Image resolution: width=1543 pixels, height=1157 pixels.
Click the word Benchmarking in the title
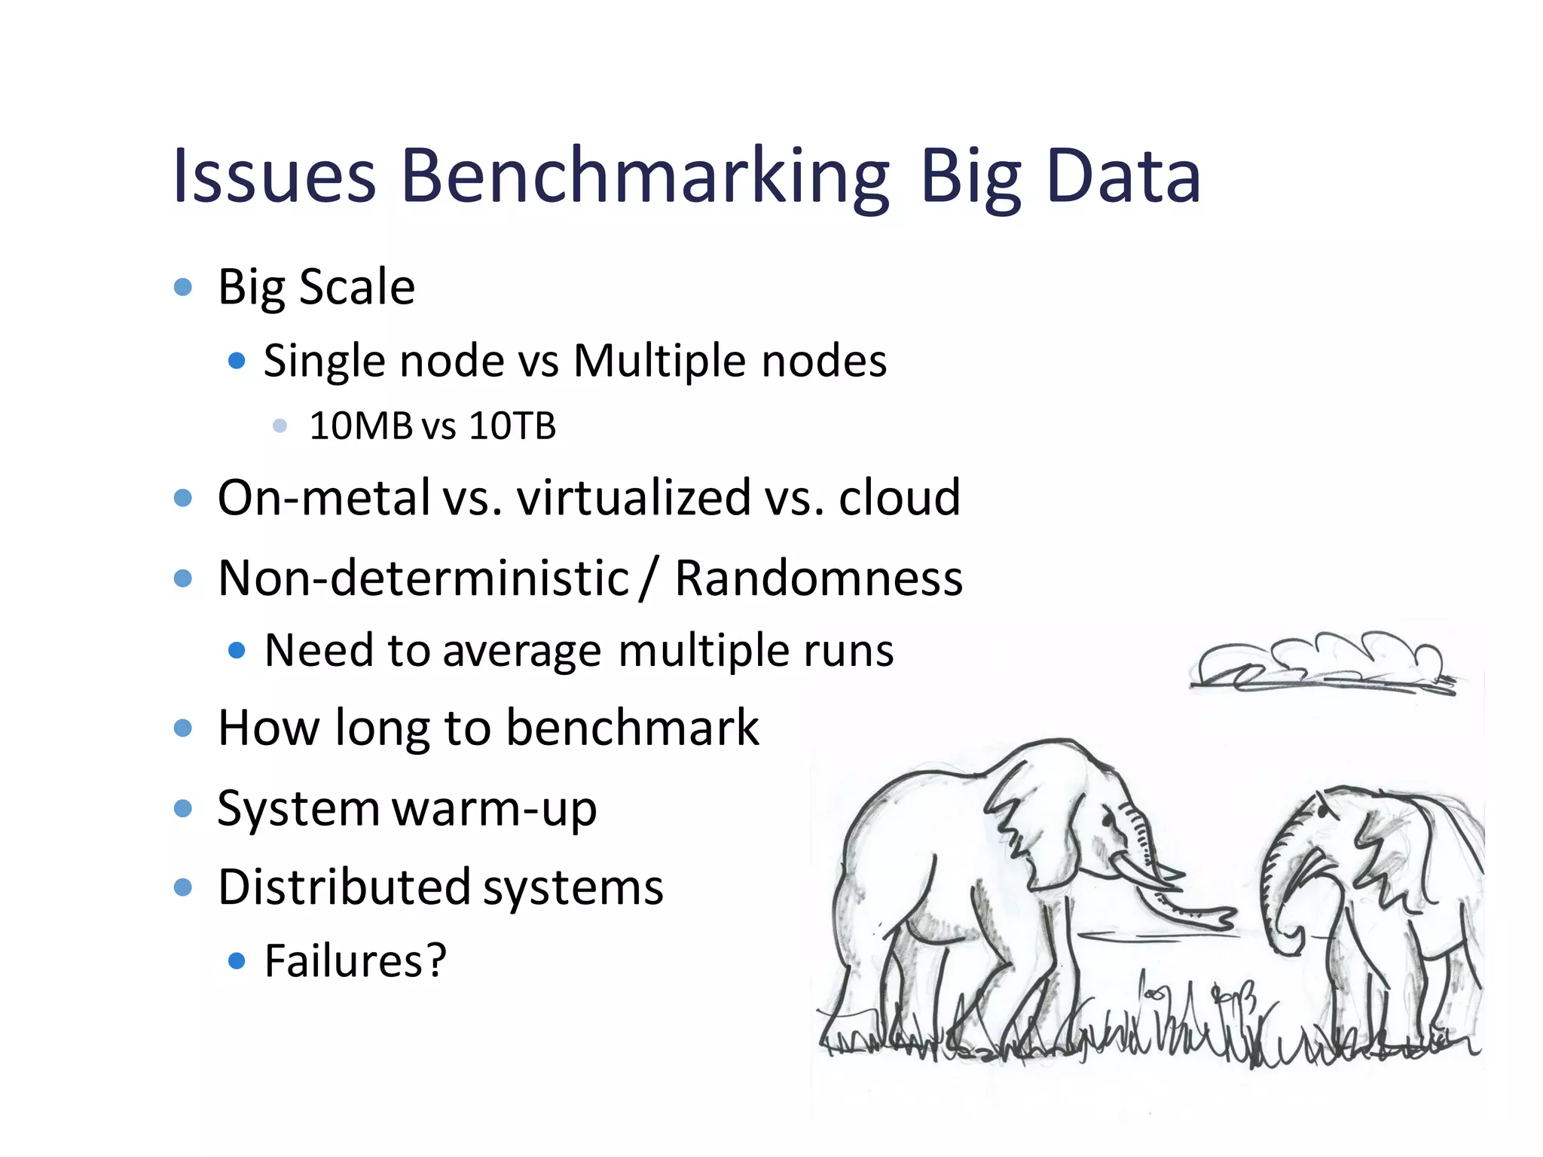click(x=645, y=176)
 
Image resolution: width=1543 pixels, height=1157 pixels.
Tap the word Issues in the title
click(x=274, y=176)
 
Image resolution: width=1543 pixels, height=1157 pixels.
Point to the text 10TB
click(x=512, y=426)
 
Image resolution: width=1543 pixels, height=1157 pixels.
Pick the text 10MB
click(x=361, y=426)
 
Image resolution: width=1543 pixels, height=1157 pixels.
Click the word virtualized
click(x=634, y=497)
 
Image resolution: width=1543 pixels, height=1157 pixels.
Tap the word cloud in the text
click(x=900, y=497)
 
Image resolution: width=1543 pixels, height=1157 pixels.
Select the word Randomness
click(x=818, y=578)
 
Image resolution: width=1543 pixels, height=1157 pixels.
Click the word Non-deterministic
click(x=423, y=578)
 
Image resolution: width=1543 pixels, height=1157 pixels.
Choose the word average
click(x=522, y=651)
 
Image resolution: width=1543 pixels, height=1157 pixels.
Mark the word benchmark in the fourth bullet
click(x=632, y=728)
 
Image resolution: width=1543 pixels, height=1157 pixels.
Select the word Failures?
click(x=356, y=960)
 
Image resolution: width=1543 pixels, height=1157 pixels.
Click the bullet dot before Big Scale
click(x=183, y=287)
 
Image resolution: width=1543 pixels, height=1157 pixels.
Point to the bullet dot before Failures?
click(x=237, y=960)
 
